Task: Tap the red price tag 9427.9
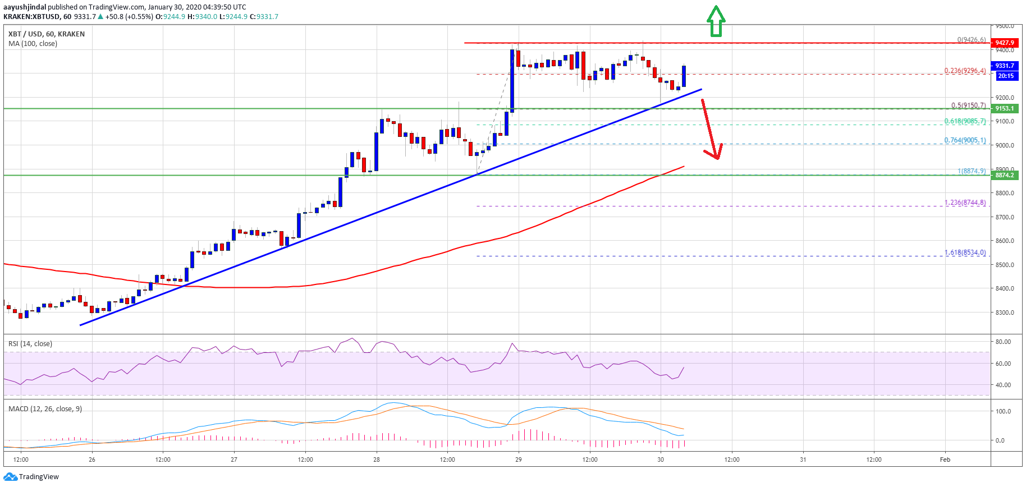1004,43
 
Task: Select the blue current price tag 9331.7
1004,66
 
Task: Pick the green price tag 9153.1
1004,108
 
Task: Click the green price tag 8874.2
1004,175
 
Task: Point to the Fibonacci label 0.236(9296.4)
965,71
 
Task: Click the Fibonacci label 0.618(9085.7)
965,121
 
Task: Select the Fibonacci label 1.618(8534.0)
965,252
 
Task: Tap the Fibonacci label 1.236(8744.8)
965,203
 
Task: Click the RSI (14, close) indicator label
30,343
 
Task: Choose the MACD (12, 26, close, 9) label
45,408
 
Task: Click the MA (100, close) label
33,43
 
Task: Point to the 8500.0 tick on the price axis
1004,265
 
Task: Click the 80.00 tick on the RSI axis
1003,342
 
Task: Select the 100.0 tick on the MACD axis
1003,411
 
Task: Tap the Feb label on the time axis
945,460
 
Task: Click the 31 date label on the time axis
803,460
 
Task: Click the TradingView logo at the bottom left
31,477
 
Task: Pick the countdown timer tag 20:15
1004,76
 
